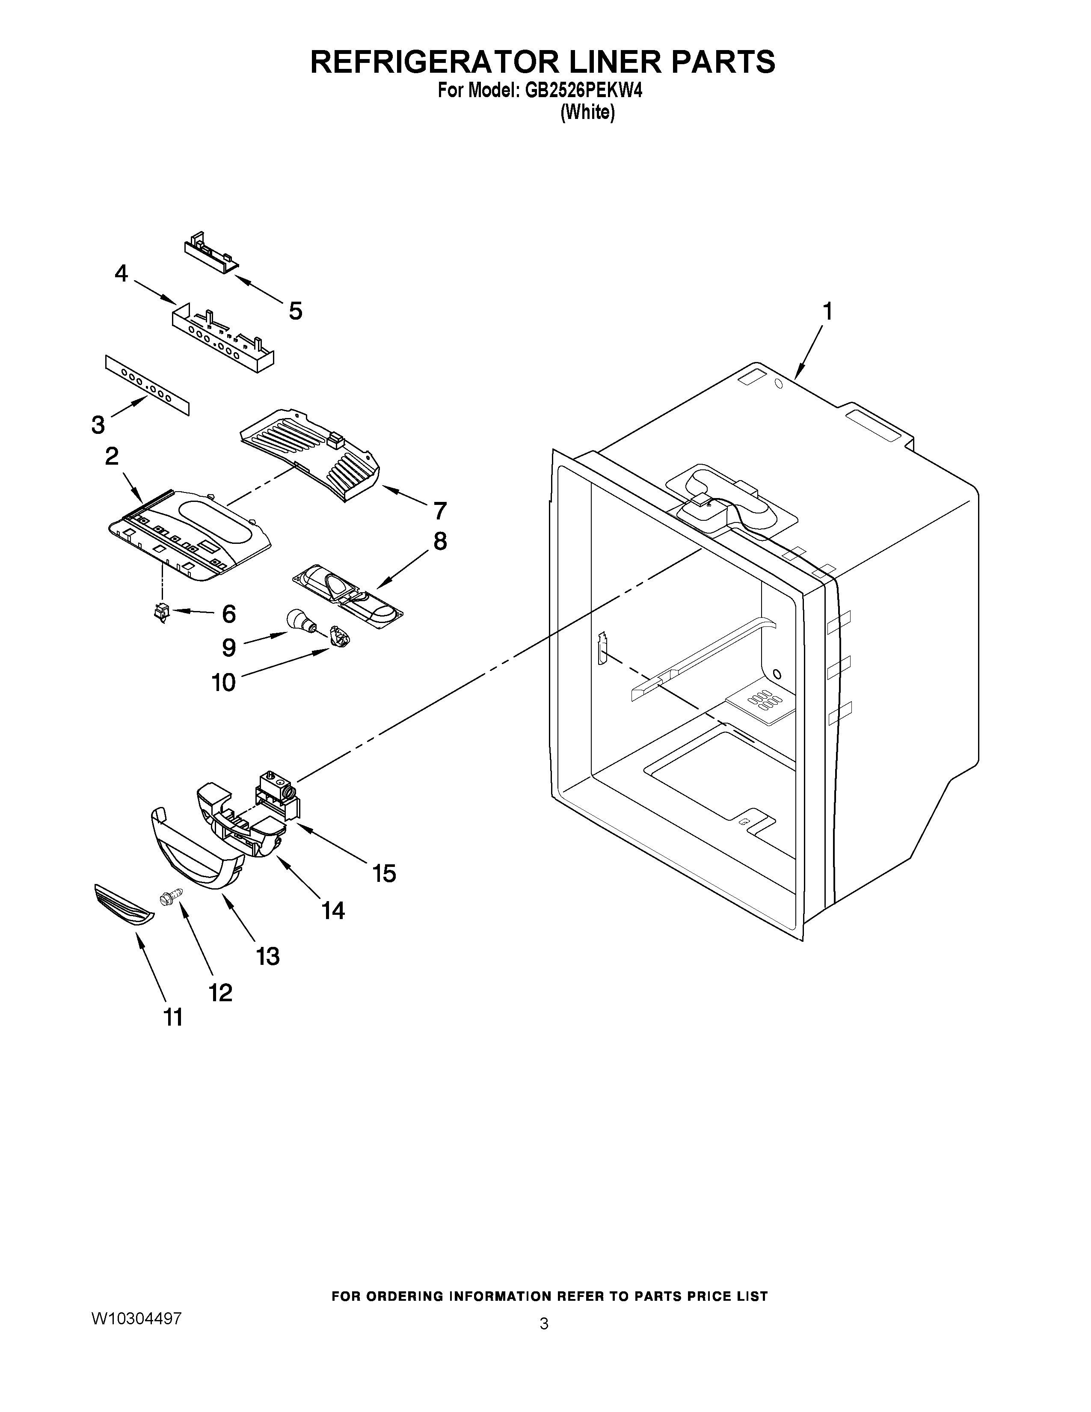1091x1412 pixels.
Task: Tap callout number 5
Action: (295, 311)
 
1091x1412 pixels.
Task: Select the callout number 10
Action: (224, 682)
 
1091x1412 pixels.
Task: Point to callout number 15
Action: (384, 873)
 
